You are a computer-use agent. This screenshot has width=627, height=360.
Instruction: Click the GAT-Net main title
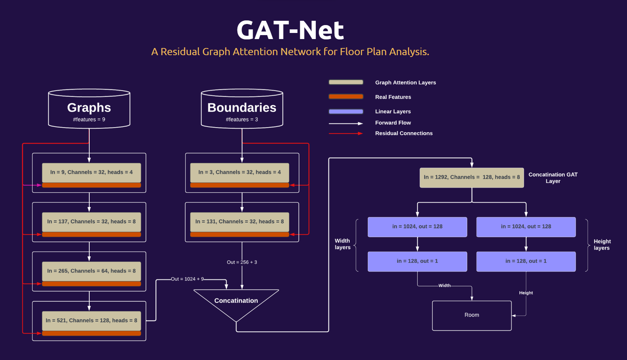click(x=290, y=30)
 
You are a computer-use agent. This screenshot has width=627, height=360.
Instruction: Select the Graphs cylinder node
click(x=89, y=109)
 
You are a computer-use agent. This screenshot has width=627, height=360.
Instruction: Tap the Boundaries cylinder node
click(x=242, y=109)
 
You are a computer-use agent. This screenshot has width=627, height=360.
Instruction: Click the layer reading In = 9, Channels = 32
click(x=91, y=172)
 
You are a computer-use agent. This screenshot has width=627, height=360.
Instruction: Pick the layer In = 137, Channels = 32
click(x=91, y=222)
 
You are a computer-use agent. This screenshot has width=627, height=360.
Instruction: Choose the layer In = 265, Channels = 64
click(x=91, y=271)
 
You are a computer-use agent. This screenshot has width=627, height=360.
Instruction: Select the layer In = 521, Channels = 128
click(x=91, y=321)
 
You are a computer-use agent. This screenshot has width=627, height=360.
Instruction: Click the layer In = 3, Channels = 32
click(x=239, y=172)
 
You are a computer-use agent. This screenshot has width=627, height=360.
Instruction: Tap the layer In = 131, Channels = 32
click(x=239, y=222)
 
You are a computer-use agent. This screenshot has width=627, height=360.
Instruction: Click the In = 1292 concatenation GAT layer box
click(x=472, y=177)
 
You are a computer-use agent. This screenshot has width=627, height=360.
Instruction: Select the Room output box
click(x=472, y=315)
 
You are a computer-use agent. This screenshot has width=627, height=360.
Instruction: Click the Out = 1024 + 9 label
click(x=187, y=279)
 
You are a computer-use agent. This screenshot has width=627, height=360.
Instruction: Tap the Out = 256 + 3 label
click(x=242, y=262)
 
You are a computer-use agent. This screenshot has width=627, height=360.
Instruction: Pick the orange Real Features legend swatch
click(x=346, y=97)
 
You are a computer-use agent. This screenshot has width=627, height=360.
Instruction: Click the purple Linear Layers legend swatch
click(x=346, y=111)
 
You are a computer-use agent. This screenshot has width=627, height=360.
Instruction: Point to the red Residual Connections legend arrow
click(x=346, y=133)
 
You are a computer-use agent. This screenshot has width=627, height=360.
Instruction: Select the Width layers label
click(x=342, y=244)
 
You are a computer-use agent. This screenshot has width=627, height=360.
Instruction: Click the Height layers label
click(x=602, y=245)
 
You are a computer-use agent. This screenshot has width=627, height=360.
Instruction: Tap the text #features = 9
click(x=89, y=120)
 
